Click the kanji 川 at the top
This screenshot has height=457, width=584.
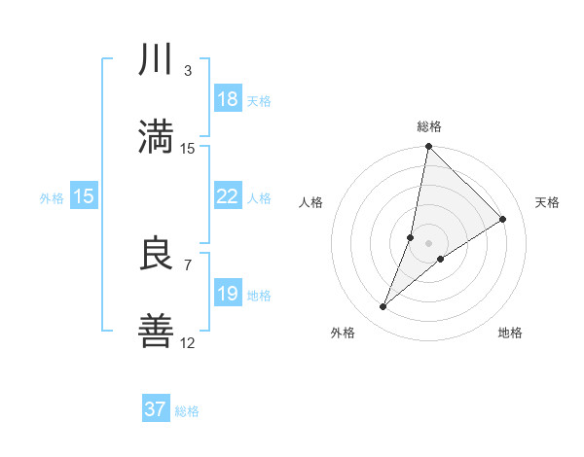click(157, 60)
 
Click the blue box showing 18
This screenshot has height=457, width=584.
click(227, 99)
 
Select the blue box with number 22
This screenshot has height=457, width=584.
click(227, 196)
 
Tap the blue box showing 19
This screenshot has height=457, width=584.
click(227, 294)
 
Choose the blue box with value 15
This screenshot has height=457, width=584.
click(84, 196)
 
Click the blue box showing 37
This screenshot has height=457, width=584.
click(156, 409)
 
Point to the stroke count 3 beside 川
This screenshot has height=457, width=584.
click(188, 71)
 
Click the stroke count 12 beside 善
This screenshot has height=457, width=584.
click(188, 342)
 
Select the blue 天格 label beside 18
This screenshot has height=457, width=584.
click(259, 100)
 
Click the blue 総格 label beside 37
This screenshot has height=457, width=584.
click(187, 410)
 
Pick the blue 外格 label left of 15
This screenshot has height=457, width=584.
click(52, 197)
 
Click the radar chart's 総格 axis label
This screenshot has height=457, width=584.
click(428, 126)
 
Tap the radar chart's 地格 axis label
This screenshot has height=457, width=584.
click(510, 333)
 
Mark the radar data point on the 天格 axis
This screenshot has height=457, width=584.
click(503, 220)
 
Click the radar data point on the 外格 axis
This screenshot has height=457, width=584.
click(383, 307)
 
